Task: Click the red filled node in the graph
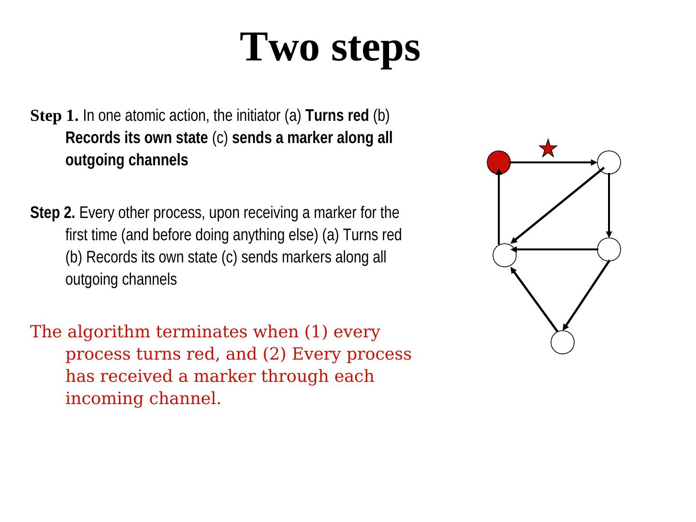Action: [x=498, y=162]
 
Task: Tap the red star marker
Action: [x=548, y=148]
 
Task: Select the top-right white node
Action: [x=609, y=162]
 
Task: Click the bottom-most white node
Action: [x=563, y=342]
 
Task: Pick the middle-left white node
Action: [x=505, y=255]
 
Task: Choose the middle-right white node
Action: [x=609, y=249]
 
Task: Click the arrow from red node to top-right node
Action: [x=554, y=162]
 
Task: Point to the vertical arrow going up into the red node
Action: [x=499, y=208]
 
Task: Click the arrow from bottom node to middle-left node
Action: [x=534, y=299]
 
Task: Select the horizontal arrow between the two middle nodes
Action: [x=556, y=249]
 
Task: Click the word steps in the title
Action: [x=376, y=47]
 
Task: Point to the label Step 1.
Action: [x=54, y=116]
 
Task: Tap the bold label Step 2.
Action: [x=52, y=213]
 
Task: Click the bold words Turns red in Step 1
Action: [x=337, y=116]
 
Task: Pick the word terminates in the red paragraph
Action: [x=202, y=332]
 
